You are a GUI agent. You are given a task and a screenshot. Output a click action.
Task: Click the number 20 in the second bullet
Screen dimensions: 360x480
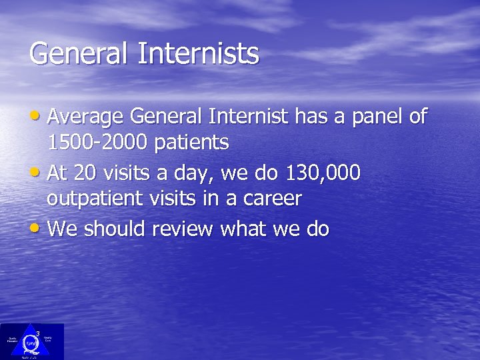coord(85,173)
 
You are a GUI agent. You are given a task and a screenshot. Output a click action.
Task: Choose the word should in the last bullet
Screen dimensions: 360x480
coord(114,229)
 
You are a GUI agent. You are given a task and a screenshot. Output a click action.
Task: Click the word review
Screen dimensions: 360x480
coord(183,229)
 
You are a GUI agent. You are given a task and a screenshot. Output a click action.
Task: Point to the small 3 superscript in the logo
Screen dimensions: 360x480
coord(37,332)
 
